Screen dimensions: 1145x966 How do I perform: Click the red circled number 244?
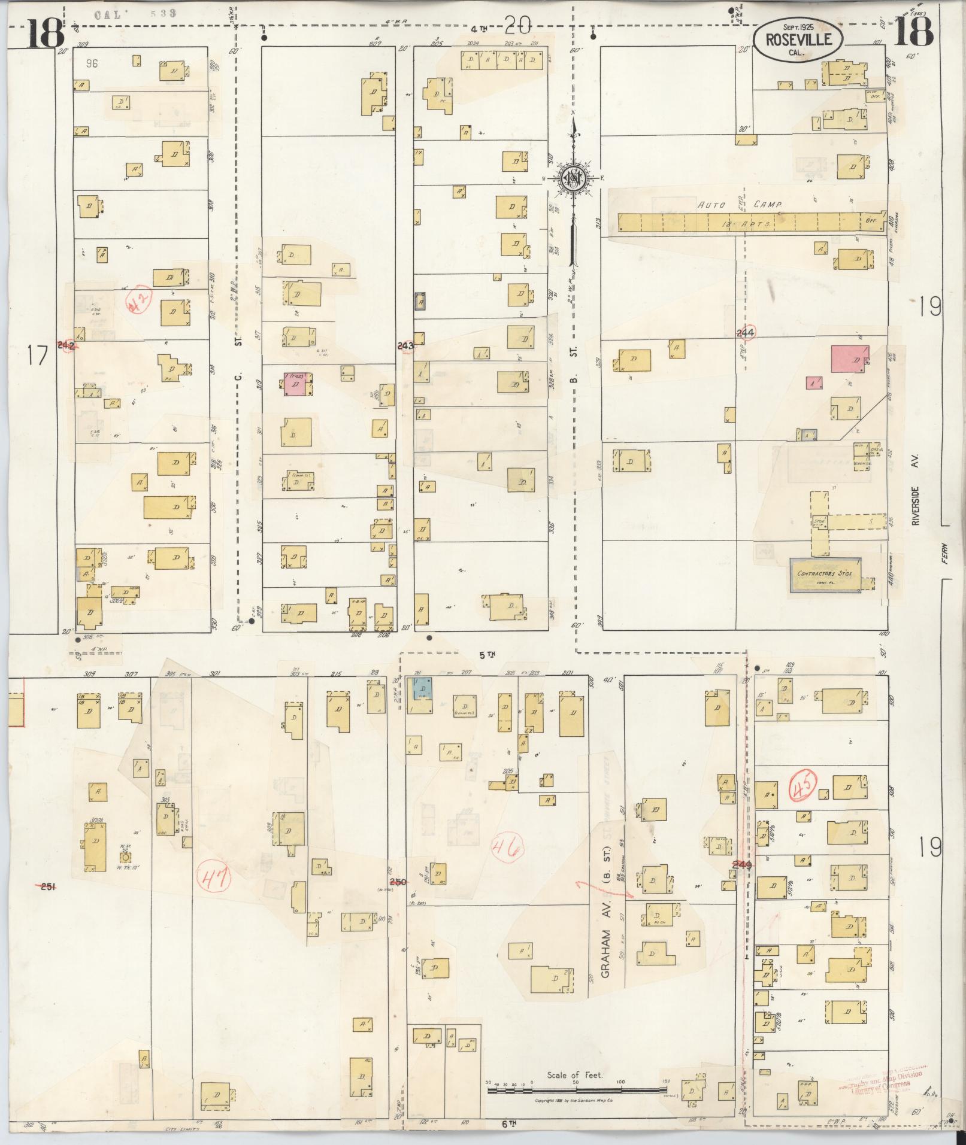pyautogui.click(x=746, y=332)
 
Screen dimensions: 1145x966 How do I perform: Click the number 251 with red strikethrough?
pyautogui.click(x=48, y=887)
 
